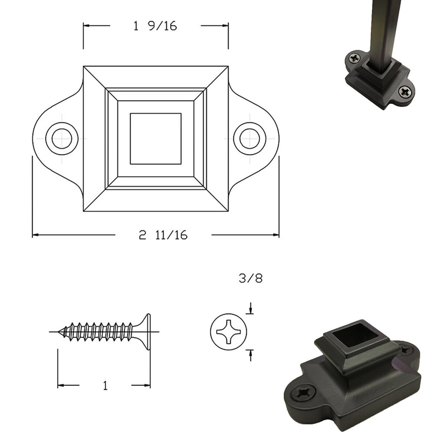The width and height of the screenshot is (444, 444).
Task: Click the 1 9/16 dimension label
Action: (x=155, y=26)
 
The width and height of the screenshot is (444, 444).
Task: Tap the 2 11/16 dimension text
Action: (x=163, y=235)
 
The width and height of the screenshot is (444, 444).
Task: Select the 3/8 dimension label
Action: (x=251, y=278)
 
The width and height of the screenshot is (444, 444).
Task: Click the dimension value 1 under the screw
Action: (x=105, y=385)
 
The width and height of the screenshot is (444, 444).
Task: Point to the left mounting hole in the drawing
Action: (x=62, y=139)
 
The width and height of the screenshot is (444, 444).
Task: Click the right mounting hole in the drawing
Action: (x=250, y=139)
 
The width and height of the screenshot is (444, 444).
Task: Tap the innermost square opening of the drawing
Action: (x=156, y=139)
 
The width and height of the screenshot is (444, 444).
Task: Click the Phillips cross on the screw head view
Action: (x=229, y=332)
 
